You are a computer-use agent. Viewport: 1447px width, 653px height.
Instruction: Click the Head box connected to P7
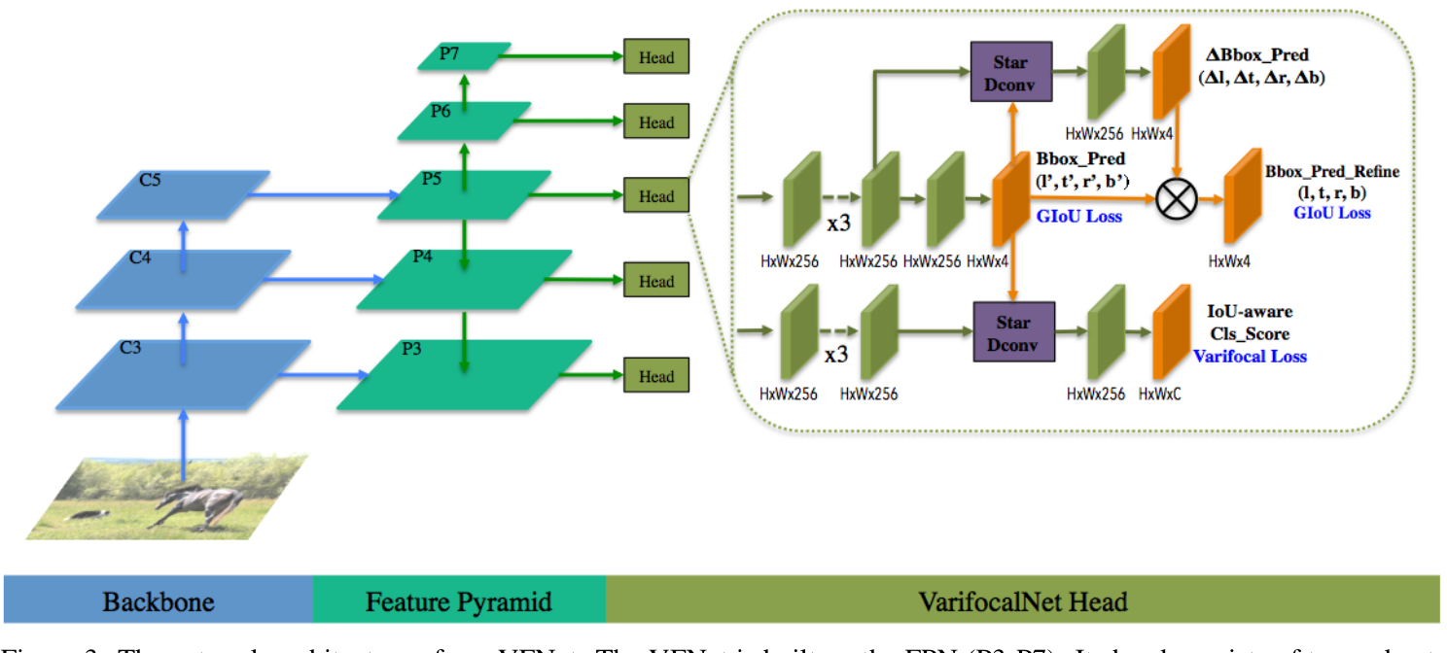point(656,57)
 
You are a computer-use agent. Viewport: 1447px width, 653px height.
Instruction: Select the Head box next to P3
point(656,376)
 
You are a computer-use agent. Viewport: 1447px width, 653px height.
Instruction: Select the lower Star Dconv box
point(1011,332)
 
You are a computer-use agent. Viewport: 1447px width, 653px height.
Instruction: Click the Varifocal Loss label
point(1249,357)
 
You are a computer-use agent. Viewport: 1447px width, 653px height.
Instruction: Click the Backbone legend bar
point(159,601)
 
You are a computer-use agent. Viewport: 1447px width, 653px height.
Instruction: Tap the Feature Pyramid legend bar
point(458,601)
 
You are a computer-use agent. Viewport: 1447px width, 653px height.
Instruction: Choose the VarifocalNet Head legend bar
point(1022,601)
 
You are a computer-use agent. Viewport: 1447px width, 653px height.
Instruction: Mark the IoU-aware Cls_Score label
point(1249,323)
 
